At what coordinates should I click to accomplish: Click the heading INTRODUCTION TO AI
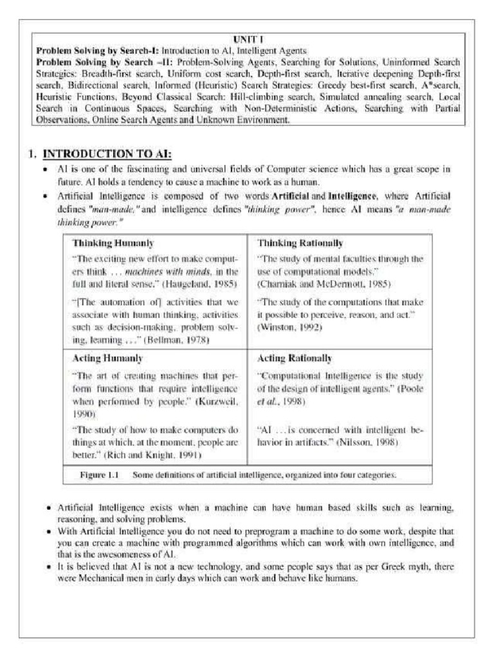(x=107, y=154)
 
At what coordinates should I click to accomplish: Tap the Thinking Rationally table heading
(x=291, y=244)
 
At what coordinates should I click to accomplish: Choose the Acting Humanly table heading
(x=107, y=358)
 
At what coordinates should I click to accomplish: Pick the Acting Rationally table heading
(x=295, y=358)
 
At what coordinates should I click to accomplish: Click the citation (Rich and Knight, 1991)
(x=159, y=455)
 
